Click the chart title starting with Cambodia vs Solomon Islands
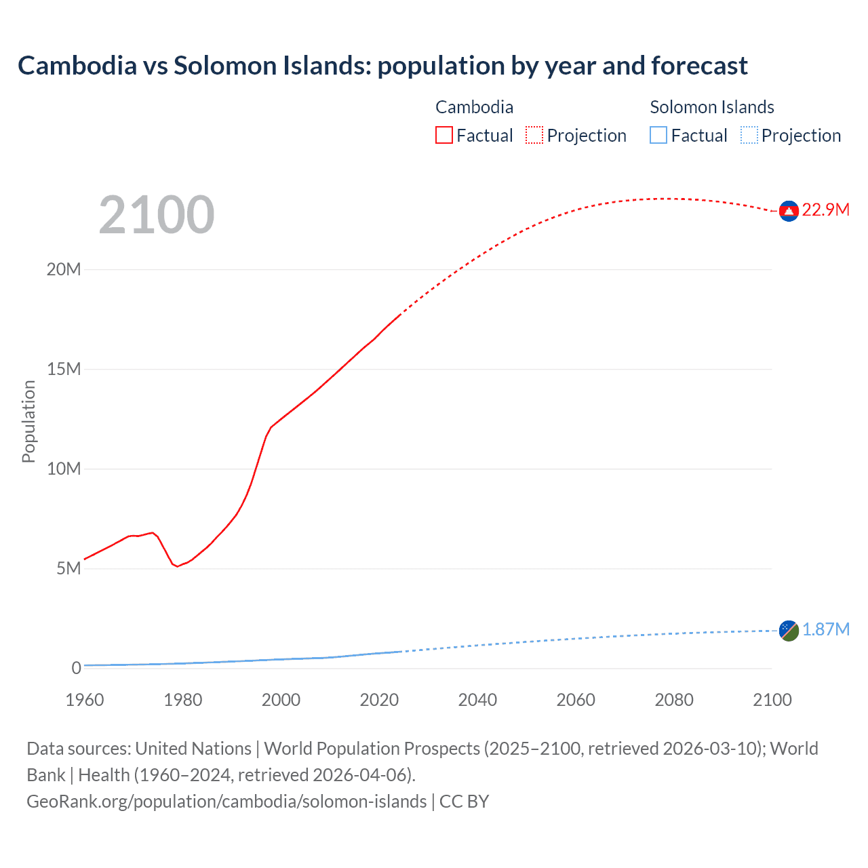(x=382, y=66)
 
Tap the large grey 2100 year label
(x=157, y=215)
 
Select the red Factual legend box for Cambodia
(x=443, y=136)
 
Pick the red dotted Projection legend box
(x=534, y=136)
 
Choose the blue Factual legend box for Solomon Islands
(x=658, y=136)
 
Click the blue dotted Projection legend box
(x=749, y=136)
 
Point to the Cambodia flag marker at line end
(x=789, y=212)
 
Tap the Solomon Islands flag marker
(x=789, y=631)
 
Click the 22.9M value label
(x=825, y=210)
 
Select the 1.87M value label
(x=826, y=630)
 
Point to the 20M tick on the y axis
(x=64, y=270)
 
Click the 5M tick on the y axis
(x=68, y=568)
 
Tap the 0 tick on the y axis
(x=76, y=668)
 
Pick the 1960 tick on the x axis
(x=85, y=700)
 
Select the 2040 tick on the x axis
(x=477, y=700)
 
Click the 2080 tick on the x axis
(x=674, y=700)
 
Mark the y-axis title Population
(x=28, y=421)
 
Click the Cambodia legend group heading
(x=474, y=107)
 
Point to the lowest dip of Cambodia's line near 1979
(x=178, y=566)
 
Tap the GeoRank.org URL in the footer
(x=226, y=802)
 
